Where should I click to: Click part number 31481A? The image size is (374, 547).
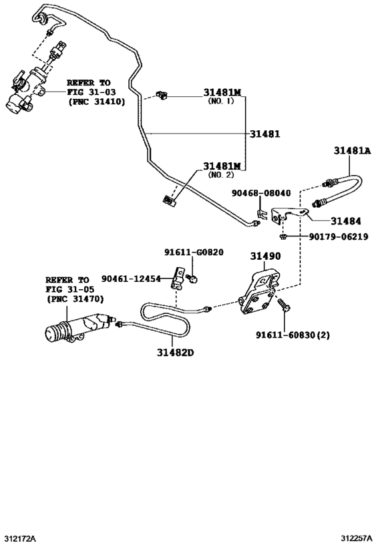point(351,151)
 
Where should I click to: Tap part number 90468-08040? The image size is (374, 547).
point(261,193)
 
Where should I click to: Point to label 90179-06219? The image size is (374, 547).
point(338,236)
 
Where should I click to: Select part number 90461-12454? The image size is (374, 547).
point(131,279)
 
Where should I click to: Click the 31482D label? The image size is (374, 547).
point(176,352)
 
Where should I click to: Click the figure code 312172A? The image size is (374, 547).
point(19,538)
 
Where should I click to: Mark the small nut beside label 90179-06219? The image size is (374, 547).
point(284,236)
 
